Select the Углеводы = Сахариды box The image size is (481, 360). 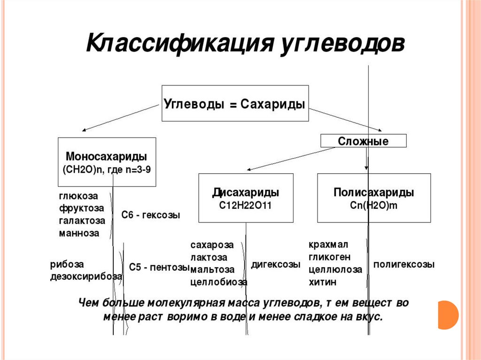pos(235,104)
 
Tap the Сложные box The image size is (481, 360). pos(363,141)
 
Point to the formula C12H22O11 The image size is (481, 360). pos(245,205)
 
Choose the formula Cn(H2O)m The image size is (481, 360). pos(373,205)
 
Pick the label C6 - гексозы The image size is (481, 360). pos(151,215)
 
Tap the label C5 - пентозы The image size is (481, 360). pos(159,268)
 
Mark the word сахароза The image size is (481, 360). pos(212,245)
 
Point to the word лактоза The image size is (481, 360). pos(209,258)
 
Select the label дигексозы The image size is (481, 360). pos(276,265)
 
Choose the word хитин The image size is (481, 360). pos(322,282)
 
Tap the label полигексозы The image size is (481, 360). pos(404,265)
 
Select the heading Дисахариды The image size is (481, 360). pos(246,193)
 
